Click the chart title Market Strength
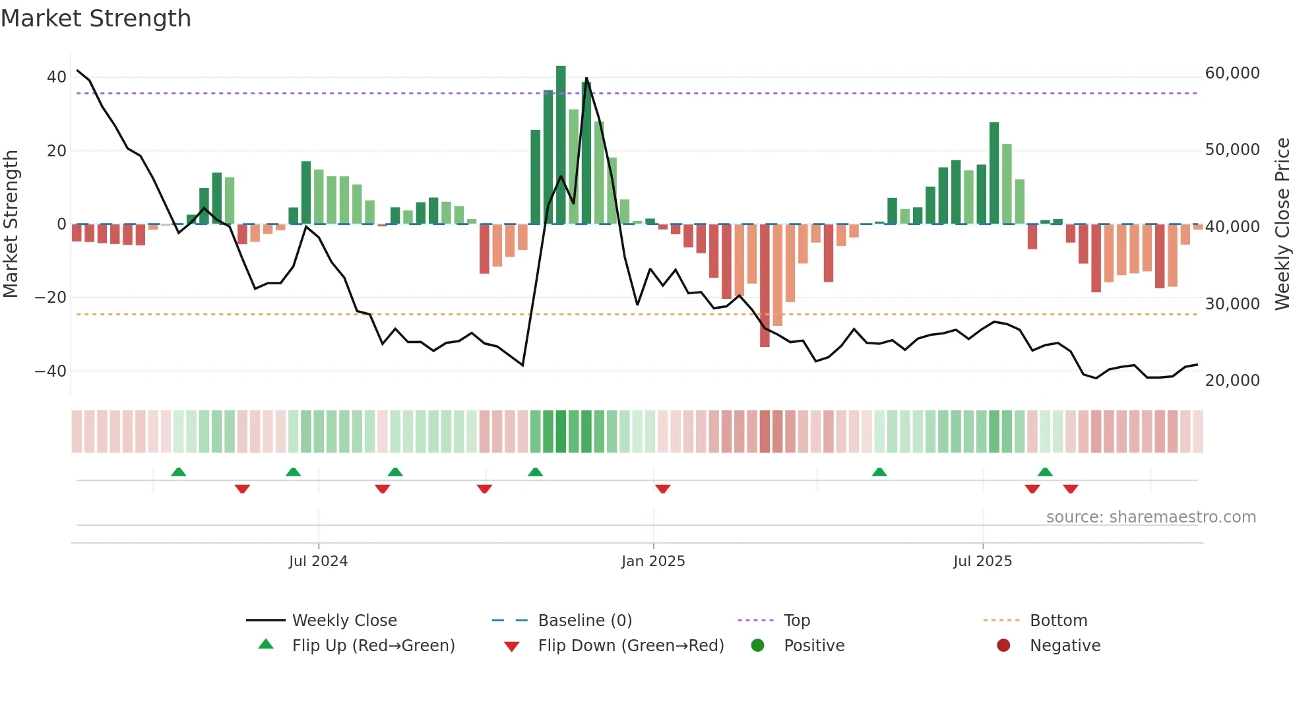[x=96, y=18]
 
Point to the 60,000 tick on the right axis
[x=1232, y=73]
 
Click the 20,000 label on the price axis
[x=1232, y=381]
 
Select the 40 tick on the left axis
[x=56, y=77]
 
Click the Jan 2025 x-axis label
[x=652, y=561]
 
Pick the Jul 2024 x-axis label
[x=318, y=561]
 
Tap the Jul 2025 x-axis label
[x=982, y=561]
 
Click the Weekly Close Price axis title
[x=1282, y=224]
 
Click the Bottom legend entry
[x=1057, y=621]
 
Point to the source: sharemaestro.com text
[x=1151, y=517]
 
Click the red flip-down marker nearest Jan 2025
[x=663, y=488]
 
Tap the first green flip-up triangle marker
[x=178, y=472]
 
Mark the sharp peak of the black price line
[x=586, y=79]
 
